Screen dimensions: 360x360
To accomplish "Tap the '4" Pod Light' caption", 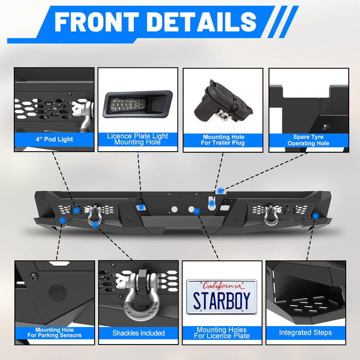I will [x=54, y=139].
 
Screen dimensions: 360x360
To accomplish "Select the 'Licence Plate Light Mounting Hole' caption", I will [x=137, y=139].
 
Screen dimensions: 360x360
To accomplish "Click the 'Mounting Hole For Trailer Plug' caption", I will [x=223, y=140].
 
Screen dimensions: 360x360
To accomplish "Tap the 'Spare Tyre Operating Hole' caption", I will [x=308, y=140].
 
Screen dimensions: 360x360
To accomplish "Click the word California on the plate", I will [x=222, y=285].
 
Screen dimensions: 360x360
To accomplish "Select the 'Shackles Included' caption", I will [x=138, y=333].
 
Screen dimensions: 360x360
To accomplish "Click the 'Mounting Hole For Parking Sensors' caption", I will [x=55, y=333].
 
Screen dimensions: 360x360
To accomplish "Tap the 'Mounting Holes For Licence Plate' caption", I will [x=222, y=333].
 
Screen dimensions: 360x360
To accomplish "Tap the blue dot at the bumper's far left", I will [x=62, y=220].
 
